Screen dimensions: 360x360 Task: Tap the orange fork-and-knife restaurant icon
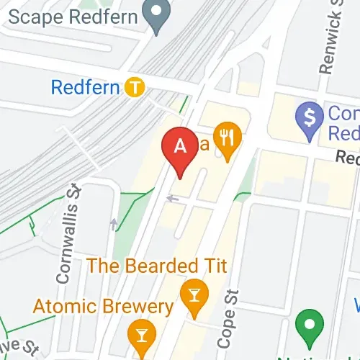tap(229, 140)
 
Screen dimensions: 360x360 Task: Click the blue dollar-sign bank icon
tap(311, 116)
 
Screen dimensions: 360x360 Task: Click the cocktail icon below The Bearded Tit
tap(194, 296)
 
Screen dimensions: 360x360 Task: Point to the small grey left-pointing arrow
tap(171, 197)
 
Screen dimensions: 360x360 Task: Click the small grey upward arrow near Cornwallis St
tap(114, 224)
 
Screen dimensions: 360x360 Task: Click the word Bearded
tap(160, 266)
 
